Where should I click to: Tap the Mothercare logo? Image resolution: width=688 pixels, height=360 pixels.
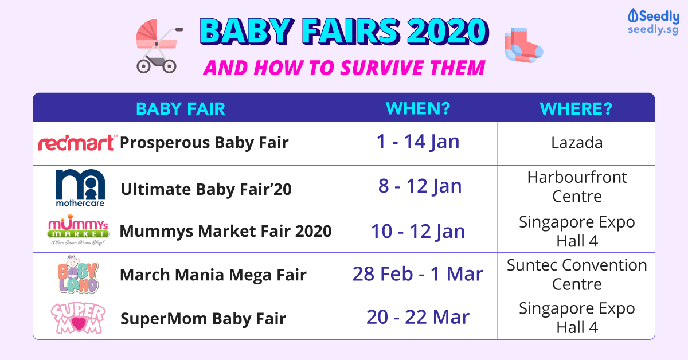click(80, 187)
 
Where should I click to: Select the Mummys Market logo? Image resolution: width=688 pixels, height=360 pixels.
click(78, 230)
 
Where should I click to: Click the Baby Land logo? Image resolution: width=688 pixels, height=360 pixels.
click(78, 275)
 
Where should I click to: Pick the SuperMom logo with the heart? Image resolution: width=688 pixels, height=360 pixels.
click(78, 318)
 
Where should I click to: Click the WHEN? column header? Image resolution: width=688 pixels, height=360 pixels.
click(418, 108)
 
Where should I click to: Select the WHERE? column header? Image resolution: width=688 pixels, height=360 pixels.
click(576, 108)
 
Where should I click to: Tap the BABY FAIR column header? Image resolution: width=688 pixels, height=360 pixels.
click(181, 109)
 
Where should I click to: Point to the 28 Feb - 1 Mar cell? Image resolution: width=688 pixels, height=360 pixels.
click(418, 274)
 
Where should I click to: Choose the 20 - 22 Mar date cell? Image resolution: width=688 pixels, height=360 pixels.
click(418, 317)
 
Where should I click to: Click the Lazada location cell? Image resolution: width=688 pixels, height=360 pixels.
click(577, 143)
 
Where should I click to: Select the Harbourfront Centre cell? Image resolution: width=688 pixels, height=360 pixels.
click(577, 187)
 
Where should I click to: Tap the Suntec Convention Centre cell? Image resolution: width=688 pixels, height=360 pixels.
click(577, 275)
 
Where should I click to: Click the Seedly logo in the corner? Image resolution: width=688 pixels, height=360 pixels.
click(653, 22)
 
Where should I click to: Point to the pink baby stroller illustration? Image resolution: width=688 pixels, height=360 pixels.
click(158, 46)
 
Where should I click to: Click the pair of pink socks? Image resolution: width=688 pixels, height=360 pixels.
click(524, 45)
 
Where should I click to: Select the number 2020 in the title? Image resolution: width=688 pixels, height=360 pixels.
click(448, 32)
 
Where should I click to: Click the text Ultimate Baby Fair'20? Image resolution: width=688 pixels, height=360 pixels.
click(206, 189)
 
